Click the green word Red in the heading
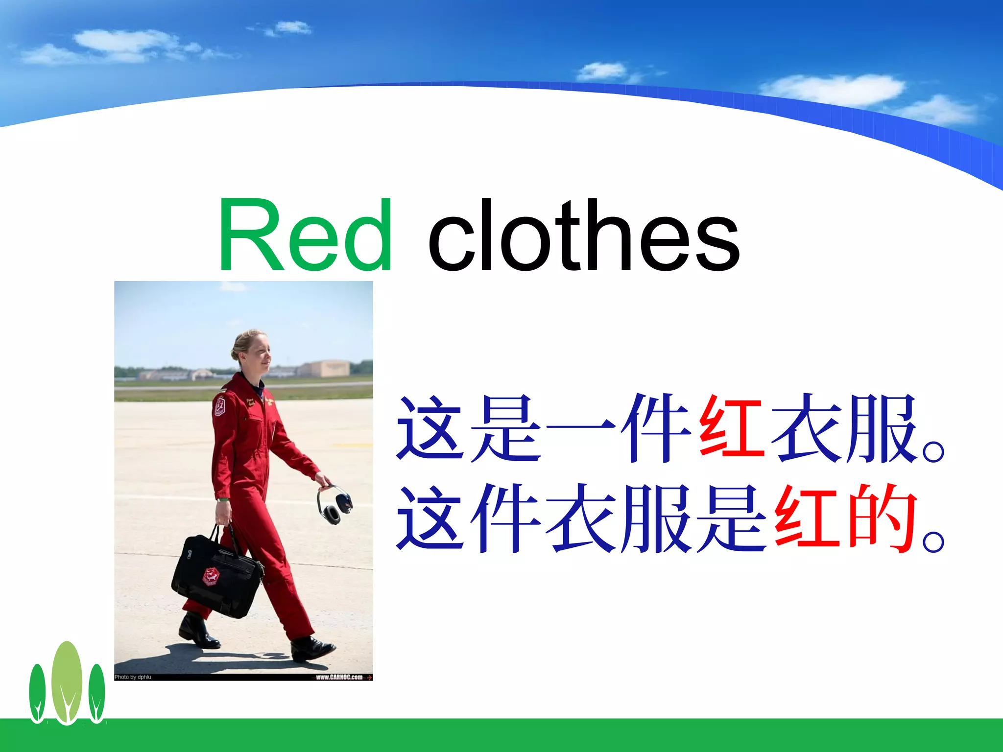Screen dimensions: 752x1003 pos(305,235)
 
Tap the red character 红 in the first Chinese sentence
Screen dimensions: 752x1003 pos(731,428)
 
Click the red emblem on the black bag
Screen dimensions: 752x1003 pos(211,576)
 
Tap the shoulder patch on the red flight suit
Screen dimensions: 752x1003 pos(220,406)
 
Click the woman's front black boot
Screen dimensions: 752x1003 pos(311,647)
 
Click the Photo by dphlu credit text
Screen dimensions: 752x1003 pos(133,677)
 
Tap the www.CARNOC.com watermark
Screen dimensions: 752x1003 pos(340,677)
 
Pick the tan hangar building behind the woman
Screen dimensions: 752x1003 pos(324,368)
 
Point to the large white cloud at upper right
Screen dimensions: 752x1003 pos(833,90)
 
